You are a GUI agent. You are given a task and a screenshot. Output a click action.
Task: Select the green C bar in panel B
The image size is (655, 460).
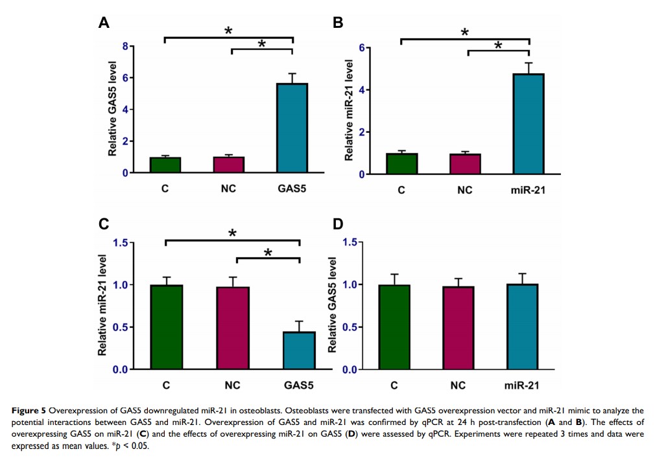click(x=401, y=164)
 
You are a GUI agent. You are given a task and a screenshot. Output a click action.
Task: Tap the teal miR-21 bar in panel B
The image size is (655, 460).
click(x=529, y=124)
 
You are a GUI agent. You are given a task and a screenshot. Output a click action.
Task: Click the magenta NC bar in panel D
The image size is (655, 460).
click(x=458, y=328)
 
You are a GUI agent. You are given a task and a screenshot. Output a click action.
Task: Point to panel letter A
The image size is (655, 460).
click(x=103, y=23)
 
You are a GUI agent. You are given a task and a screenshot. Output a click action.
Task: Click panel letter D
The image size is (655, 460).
click(x=338, y=224)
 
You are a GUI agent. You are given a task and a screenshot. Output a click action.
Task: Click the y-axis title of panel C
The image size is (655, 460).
click(x=103, y=305)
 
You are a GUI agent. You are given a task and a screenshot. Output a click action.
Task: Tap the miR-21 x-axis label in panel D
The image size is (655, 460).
click(x=523, y=385)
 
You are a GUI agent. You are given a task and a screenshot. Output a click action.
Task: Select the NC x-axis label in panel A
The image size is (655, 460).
click(x=228, y=190)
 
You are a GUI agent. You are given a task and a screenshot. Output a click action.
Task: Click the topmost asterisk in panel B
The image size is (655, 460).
click(x=464, y=32)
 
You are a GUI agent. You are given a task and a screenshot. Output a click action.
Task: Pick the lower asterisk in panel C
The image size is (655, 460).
click(x=268, y=253)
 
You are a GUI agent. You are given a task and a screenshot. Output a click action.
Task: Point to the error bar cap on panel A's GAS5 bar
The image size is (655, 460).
click(x=292, y=73)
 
